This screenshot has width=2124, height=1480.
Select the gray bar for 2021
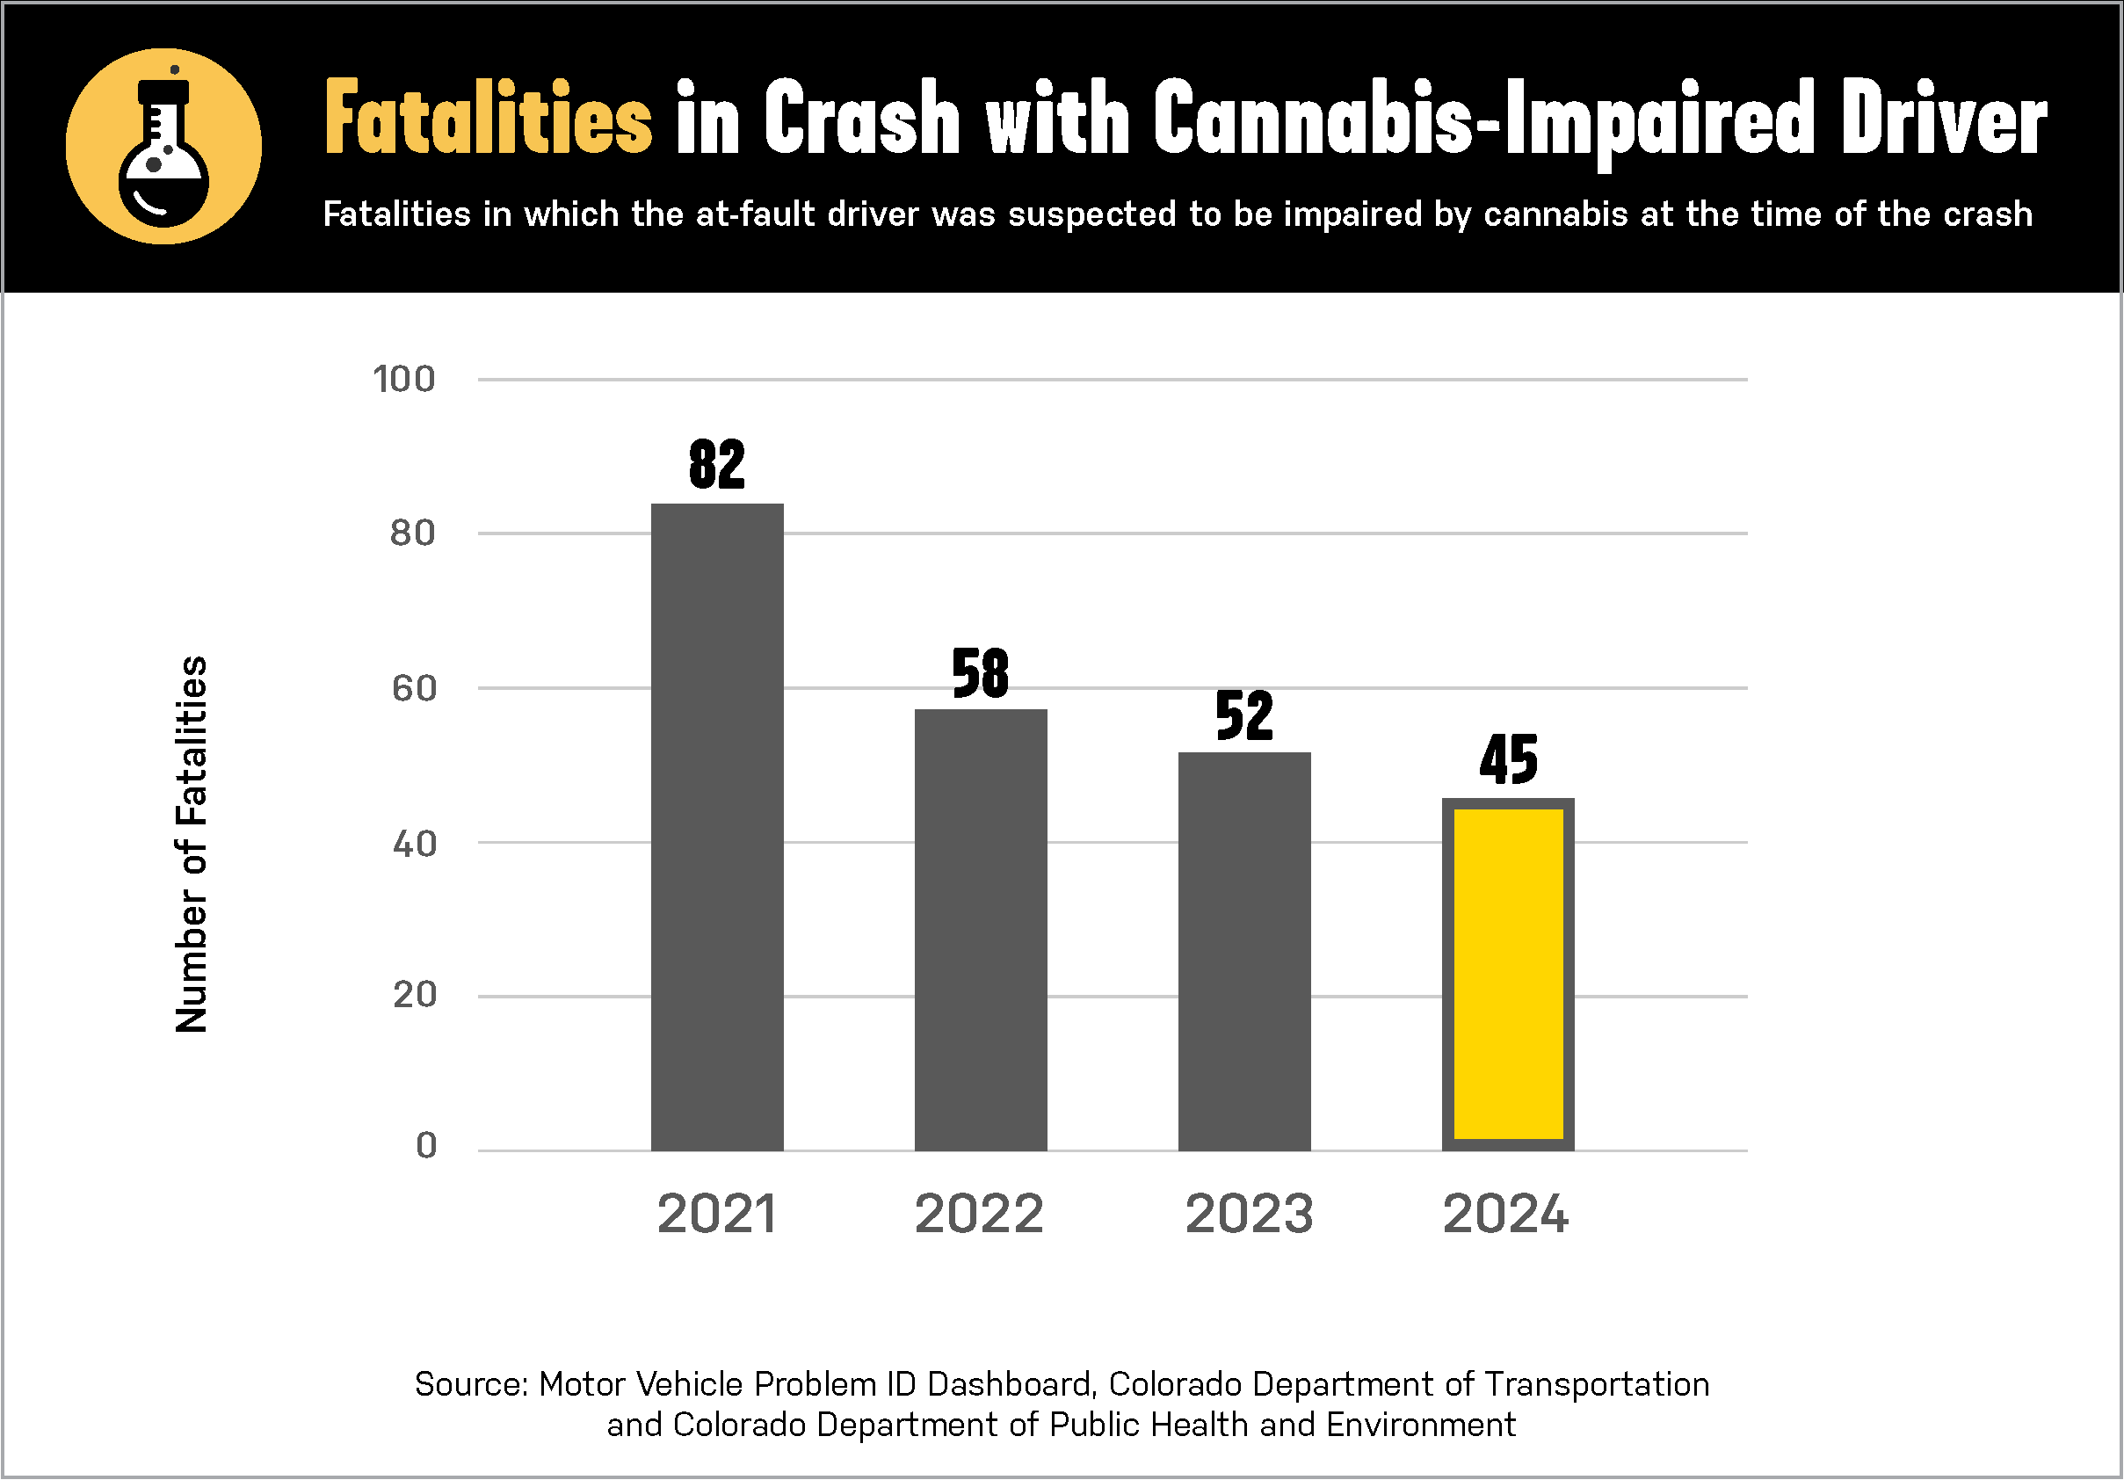[717, 827]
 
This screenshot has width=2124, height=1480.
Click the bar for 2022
[981, 930]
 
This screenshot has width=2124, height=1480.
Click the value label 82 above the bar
[717, 464]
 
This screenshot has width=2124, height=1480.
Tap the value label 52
[1244, 716]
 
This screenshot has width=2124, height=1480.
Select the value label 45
[1508, 760]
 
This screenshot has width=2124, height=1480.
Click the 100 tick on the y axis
[404, 380]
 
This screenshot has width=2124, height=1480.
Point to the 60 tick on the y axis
[414, 688]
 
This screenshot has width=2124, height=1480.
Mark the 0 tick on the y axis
[425, 1146]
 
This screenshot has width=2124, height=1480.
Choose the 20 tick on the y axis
[414, 995]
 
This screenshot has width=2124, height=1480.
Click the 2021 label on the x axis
[716, 1214]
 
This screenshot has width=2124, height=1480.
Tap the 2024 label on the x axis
[1506, 1214]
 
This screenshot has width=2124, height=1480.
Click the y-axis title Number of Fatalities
[192, 844]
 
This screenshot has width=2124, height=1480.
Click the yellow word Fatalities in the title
[489, 120]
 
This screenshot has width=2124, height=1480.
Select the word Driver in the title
[1944, 120]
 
